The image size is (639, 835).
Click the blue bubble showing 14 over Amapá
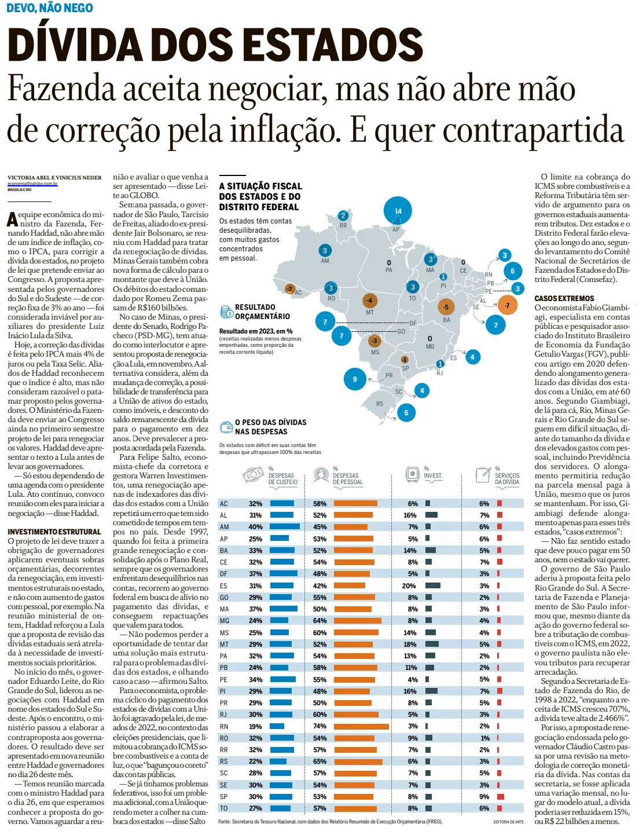[x=398, y=211]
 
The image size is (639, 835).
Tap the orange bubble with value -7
[x=507, y=305]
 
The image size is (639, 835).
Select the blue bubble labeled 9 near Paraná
[x=355, y=379]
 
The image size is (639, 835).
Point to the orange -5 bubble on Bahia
[x=446, y=307]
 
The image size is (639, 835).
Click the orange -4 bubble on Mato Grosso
[x=369, y=301]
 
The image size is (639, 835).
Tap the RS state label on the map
[x=380, y=404]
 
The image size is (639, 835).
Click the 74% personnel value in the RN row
[x=319, y=726]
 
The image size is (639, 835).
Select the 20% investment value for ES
[x=409, y=585]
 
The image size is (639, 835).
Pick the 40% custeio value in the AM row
[x=255, y=527]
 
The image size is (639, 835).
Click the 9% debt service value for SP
[x=484, y=796]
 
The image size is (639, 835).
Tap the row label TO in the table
[x=224, y=808]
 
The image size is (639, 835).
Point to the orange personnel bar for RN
[x=361, y=726]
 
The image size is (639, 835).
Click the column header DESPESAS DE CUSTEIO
[x=283, y=478]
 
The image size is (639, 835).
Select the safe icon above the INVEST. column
[x=412, y=474]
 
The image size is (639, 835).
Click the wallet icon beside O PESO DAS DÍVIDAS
[x=226, y=427]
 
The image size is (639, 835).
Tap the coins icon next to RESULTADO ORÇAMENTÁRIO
[x=226, y=312]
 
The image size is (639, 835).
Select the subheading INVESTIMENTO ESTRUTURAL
[x=54, y=531]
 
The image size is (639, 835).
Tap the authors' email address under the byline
[x=32, y=184]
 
